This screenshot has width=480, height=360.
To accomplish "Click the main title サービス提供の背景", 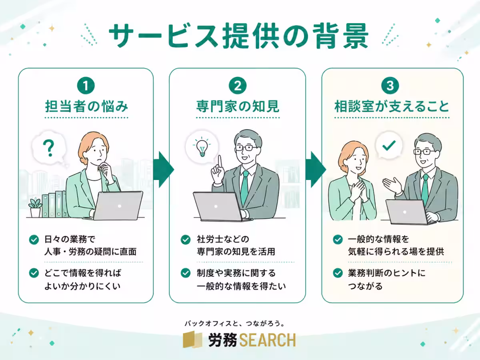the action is coord(239,36).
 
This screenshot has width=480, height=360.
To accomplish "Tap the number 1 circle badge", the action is coord(86,86).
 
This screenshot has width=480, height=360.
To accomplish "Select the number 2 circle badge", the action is coord(238,86).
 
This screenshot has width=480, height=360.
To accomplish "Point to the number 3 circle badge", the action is coord(390,86).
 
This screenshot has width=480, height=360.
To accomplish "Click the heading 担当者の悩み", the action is coord(86,106).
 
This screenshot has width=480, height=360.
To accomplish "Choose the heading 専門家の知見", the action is coord(238,106).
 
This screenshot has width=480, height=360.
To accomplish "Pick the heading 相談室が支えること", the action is coord(392,106).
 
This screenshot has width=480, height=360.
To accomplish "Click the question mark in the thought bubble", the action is coord(49,148).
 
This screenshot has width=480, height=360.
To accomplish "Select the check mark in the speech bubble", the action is coord(389,145).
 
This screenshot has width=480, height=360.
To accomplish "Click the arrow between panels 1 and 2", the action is coord(163,169).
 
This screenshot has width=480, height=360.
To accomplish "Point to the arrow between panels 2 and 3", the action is coord(316,169).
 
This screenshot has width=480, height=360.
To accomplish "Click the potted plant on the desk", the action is coord(35,207).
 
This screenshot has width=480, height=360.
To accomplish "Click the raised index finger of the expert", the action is coord(220,162).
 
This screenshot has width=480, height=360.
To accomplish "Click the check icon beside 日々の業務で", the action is coord(34,240).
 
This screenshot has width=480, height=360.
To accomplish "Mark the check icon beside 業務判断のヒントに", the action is coord(338,273).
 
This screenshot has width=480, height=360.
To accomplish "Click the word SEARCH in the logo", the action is coord(268,340).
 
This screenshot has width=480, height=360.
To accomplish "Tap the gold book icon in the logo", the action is coord(192,339).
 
